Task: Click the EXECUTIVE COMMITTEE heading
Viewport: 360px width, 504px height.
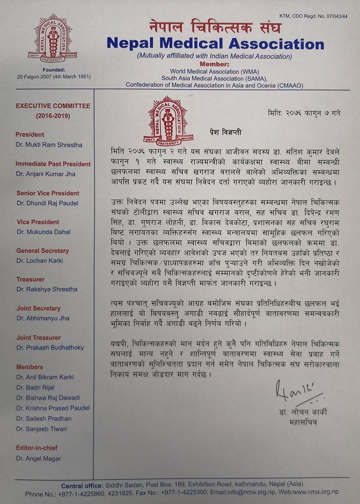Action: click(52, 106)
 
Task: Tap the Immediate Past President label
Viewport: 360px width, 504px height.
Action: click(53, 164)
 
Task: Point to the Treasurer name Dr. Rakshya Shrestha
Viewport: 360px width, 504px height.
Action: click(47, 289)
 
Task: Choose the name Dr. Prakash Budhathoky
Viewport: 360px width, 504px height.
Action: click(50, 347)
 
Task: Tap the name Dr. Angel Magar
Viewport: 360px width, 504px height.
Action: click(39, 458)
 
